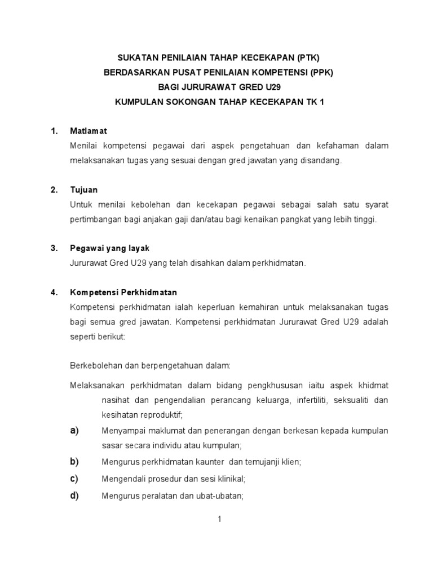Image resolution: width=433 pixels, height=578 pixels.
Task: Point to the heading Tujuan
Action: point(84,190)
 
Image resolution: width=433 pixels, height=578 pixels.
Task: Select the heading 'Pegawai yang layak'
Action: point(109,248)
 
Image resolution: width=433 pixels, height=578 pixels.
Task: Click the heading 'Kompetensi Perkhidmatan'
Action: point(123,292)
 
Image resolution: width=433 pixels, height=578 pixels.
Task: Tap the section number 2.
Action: point(54,190)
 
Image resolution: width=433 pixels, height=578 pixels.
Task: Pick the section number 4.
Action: point(54,292)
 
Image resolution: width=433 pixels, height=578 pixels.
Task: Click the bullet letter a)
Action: point(74,431)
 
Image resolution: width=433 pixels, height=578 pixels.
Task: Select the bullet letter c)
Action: point(74,479)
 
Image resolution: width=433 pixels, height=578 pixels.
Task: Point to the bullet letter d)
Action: point(74,496)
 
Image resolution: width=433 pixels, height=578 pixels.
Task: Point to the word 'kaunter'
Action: point(209,462)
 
